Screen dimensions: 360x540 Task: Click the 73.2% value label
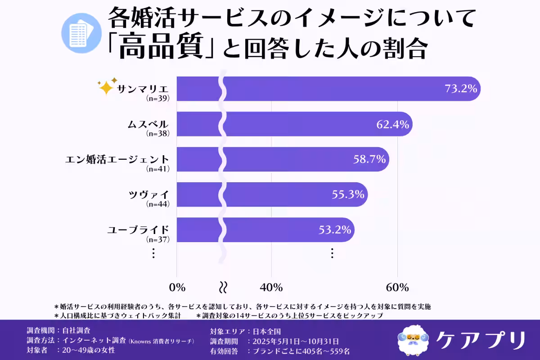(x=460, y=89)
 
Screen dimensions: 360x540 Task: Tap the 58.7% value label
(x=369, y=159)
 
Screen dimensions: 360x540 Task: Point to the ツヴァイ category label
(x=148, y=194)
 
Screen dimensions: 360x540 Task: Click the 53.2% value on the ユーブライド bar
(x=334, y=229)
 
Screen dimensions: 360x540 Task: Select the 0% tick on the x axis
(x=177, y=287)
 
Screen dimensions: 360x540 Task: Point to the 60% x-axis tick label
(x=397, y=287)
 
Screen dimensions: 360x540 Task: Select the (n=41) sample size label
(x=158, y=169)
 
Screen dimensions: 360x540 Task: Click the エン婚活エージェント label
(x=117, y=159)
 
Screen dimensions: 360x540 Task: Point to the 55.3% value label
(x=347, y=194)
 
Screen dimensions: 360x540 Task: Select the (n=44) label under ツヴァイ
(x=158, y=204)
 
